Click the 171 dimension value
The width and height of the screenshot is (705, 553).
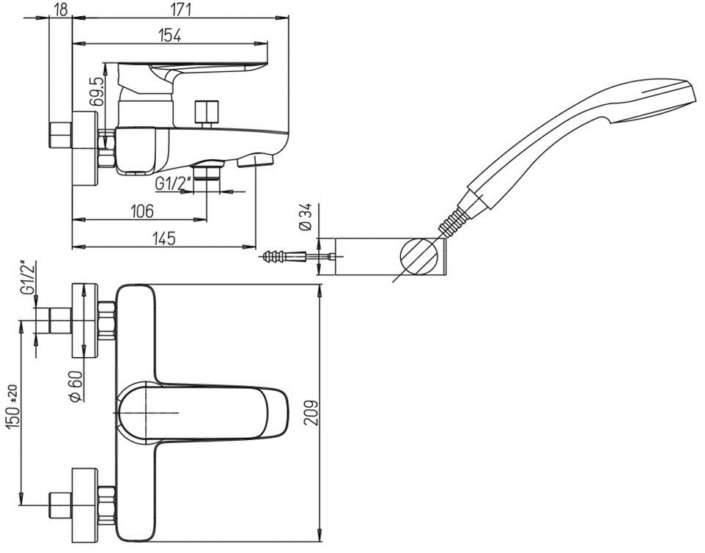(x=180, y=10)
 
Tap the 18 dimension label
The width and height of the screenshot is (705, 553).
(x=61, y=10)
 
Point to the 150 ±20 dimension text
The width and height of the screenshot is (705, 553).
(x=13, y=417)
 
